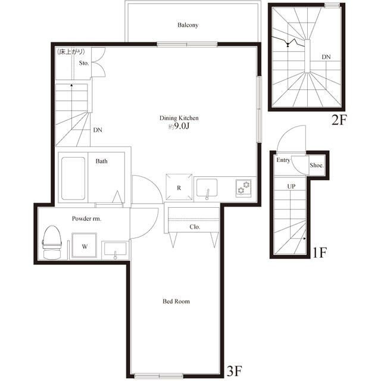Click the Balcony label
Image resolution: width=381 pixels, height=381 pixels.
(188, 25)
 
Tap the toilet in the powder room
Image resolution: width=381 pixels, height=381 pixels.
(52, 242)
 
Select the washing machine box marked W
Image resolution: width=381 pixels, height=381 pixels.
(85, 245)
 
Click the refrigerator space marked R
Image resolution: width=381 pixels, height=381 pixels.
(179, 187)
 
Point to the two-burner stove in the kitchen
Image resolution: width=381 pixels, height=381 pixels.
(243, 188)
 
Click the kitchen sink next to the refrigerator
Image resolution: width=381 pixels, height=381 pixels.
(207, 188)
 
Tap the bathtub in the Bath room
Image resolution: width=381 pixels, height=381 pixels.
(73, 179)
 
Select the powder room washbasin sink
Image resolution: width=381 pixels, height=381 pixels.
(115, 249)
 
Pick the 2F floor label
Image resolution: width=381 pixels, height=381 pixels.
(339, 120)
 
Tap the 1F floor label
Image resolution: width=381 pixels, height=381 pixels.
(319, 253)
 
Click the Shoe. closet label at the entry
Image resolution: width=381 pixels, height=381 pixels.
(317, 165)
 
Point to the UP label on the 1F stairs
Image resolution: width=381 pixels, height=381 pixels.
(291, 186)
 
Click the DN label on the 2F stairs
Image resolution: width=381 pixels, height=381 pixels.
(326, 57)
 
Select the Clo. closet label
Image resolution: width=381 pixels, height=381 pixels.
(195, 227)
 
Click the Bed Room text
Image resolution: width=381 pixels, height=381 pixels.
(176, 301)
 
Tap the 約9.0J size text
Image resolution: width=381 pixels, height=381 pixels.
(179, 127)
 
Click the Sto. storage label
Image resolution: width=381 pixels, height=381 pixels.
(84, 63)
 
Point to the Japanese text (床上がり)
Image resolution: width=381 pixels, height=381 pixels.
(71, 52)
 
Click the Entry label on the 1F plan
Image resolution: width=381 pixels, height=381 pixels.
(283, 160)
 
